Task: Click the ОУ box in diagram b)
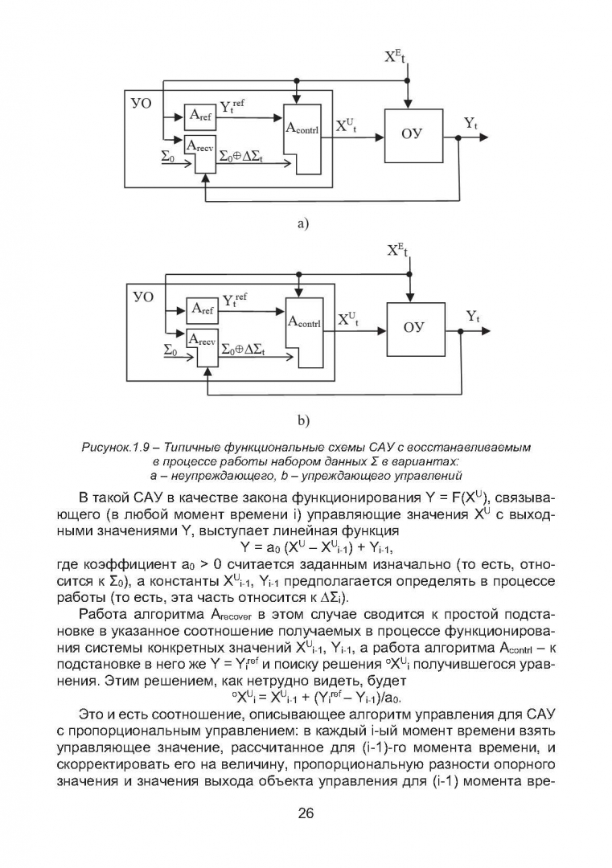[416, 330]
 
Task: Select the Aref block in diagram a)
[200, 115]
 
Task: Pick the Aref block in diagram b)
[203, 309]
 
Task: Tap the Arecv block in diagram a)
[200, 154]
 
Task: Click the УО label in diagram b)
[143, 297]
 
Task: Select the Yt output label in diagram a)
[470, 124]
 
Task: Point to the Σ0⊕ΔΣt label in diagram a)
[241, 158]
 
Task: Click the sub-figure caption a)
[302, 223]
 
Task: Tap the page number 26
[306, 813]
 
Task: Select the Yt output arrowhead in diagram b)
[486, 330]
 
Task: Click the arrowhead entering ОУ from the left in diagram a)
[380, 137]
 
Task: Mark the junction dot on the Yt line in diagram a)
[458, 137]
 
